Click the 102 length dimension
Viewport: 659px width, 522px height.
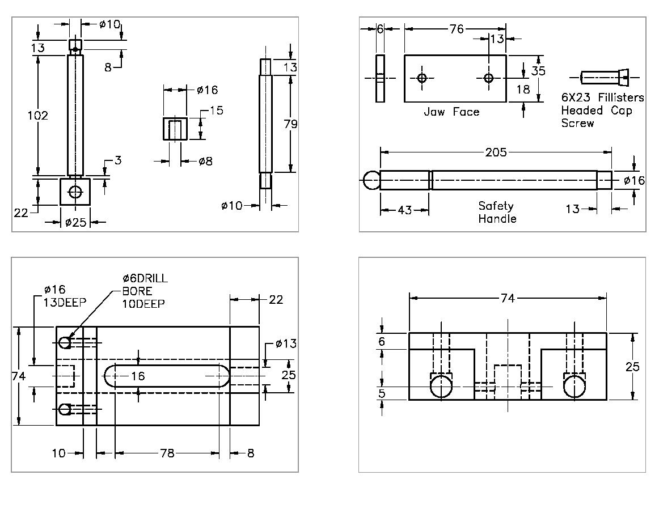tap(38, 116)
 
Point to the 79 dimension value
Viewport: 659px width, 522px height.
tap(290, 124)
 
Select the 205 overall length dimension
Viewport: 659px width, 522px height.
tap(496, 152)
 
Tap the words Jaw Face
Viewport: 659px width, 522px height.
tap(451, 112)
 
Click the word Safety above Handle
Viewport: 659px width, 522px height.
tap(496, 206)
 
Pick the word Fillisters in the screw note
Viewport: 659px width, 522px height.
tap(621, 97)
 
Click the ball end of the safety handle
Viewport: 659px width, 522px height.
tap(371, 180)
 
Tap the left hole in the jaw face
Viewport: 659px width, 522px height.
tap(421, 78)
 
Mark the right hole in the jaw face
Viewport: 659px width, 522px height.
tap(489, 78)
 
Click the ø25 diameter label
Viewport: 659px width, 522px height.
tap(75, 222)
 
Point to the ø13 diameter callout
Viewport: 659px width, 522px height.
tap(286, 344)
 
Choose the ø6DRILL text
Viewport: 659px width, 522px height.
tap(145, 278)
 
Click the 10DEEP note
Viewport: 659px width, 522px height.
tap(143, 304)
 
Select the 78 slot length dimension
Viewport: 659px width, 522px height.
tap(167, 453)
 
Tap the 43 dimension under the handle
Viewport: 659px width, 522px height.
tap(404, 210)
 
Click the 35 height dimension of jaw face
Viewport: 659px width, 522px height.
tap(539, 71)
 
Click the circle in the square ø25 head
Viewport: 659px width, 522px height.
tap(75, 192)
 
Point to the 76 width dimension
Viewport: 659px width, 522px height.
tap(457, 29)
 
